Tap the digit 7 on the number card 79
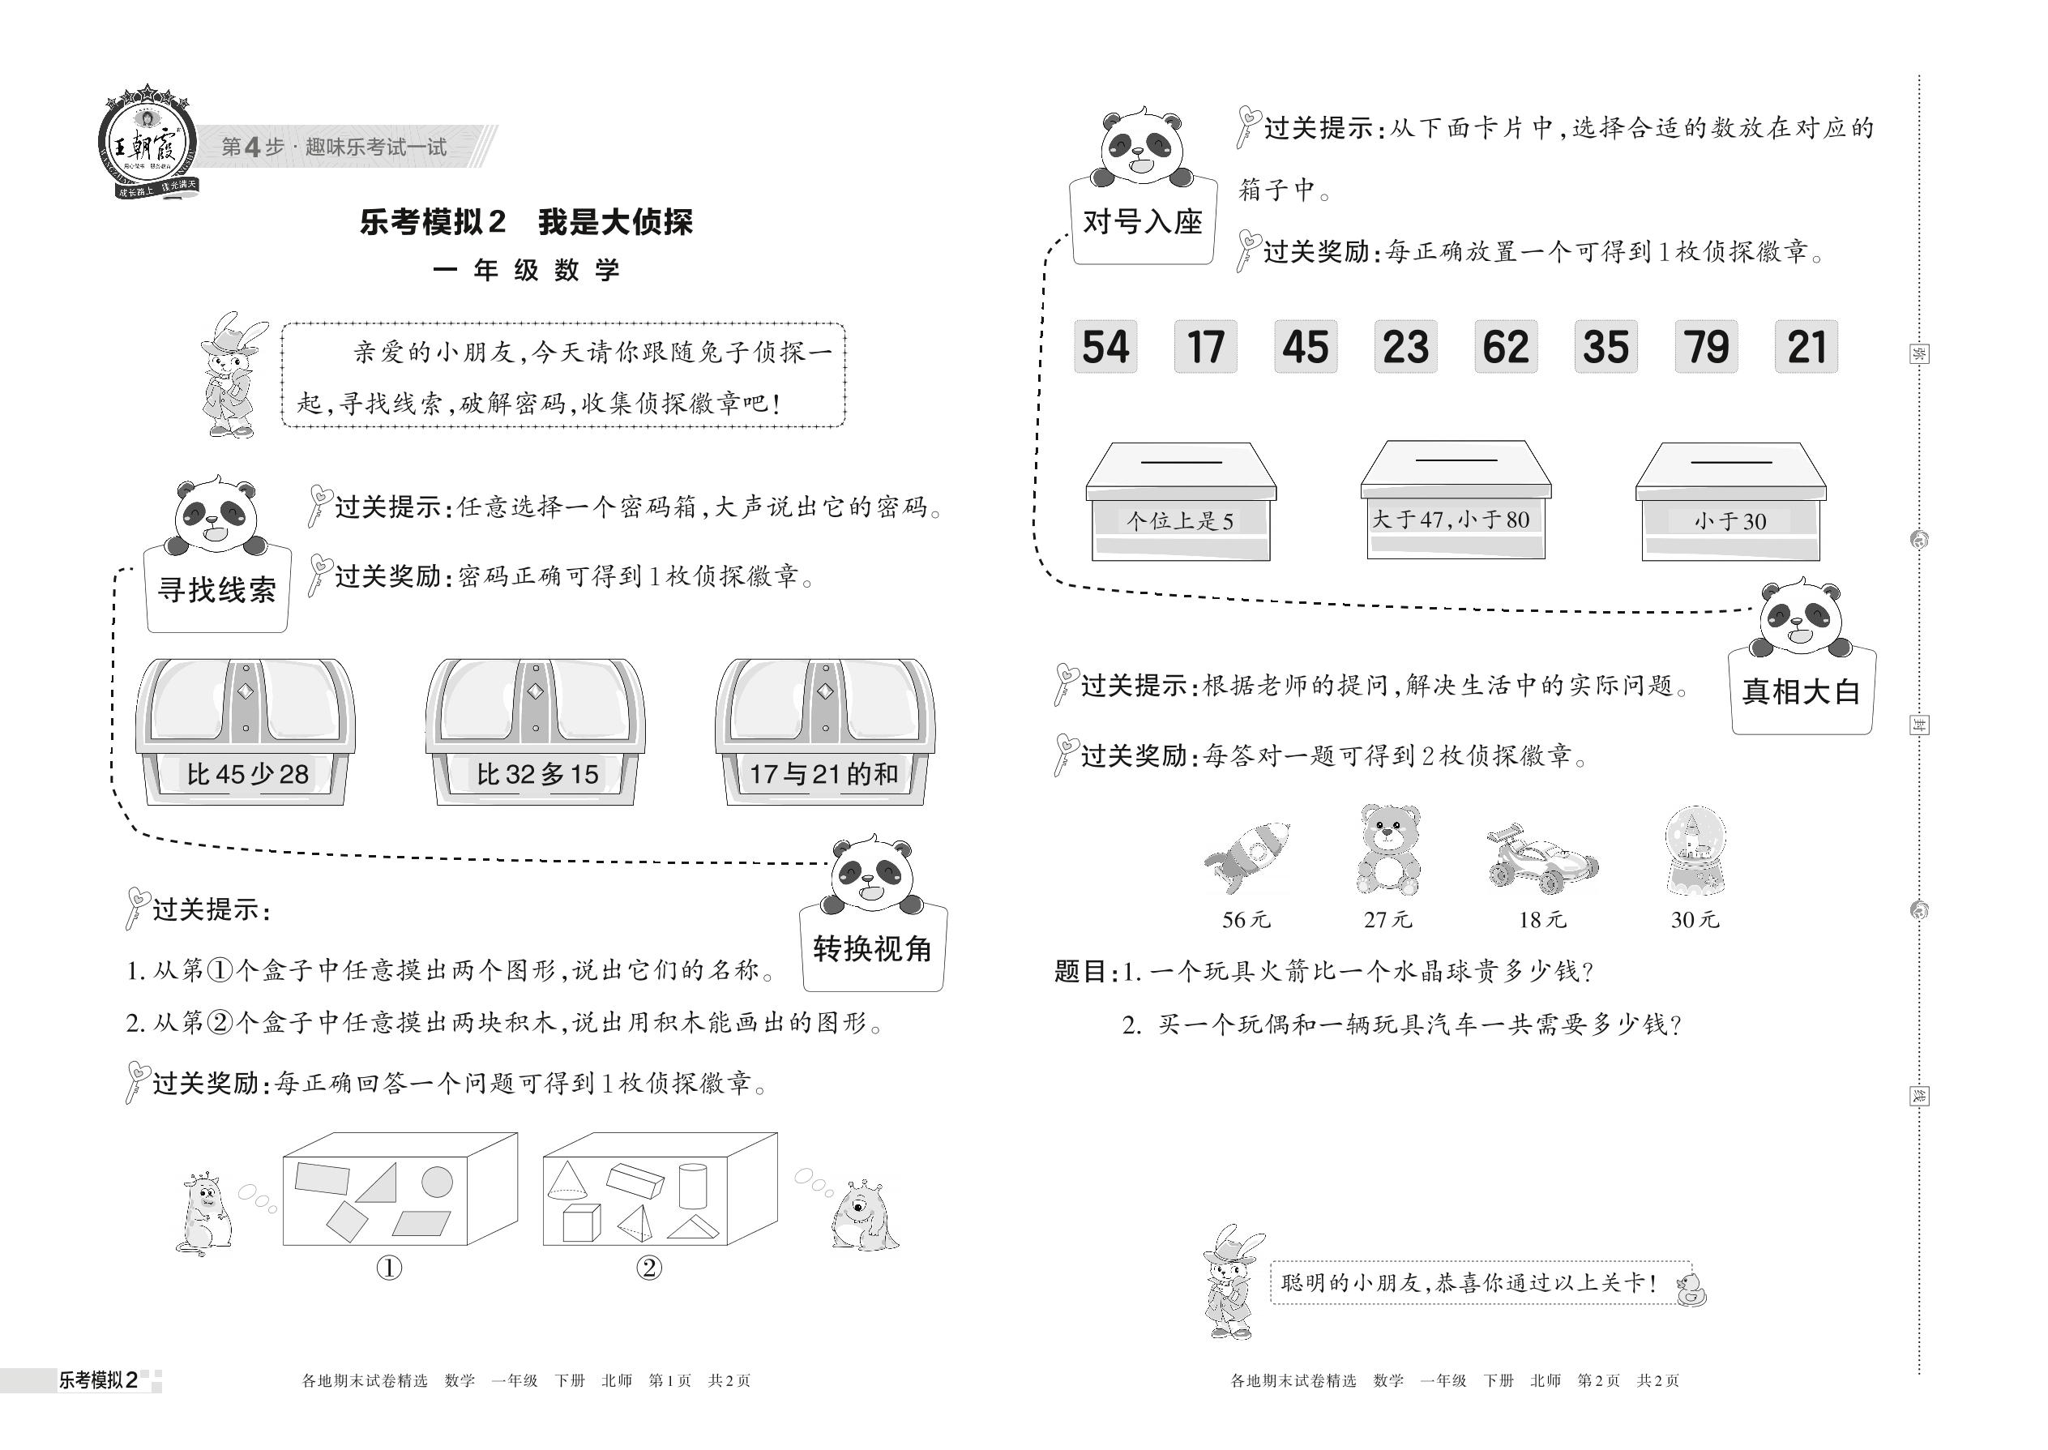1694,346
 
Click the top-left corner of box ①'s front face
284,1158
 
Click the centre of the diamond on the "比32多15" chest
536,691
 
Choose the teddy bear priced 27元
1388,850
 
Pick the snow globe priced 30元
1695,850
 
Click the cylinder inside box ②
693,1185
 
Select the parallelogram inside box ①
421,1223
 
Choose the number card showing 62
1505,346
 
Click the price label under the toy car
1541,920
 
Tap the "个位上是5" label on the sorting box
1179,520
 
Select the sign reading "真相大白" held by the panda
1802,691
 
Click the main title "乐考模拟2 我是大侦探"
526,221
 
